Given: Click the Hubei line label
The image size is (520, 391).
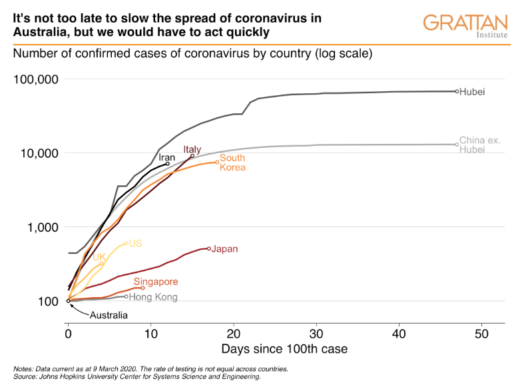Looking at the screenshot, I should point(472,91).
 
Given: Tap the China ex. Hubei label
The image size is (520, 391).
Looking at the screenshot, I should point(479,145).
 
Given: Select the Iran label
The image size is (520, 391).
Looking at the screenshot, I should point(166,158).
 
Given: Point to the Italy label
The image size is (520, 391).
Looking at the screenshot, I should point(192,149).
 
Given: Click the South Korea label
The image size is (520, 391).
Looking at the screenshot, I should point(232,163).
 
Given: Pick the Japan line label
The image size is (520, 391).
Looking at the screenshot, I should point(225,249).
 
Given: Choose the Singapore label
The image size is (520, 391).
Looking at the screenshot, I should point(156,282).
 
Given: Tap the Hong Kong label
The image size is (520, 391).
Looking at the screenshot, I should point(152,297).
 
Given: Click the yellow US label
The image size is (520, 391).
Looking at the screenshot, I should point(135,244).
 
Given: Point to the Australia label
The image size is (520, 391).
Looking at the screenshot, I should point(109,315).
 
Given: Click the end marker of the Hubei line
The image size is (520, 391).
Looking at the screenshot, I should point(457,91).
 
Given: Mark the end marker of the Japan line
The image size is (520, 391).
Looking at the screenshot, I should point(209,248).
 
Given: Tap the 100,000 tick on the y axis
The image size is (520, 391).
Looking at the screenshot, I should point(37,80).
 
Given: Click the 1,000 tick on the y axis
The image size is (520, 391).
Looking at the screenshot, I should point(44,227).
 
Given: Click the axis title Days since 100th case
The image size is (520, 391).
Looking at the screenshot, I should point(284,348).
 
